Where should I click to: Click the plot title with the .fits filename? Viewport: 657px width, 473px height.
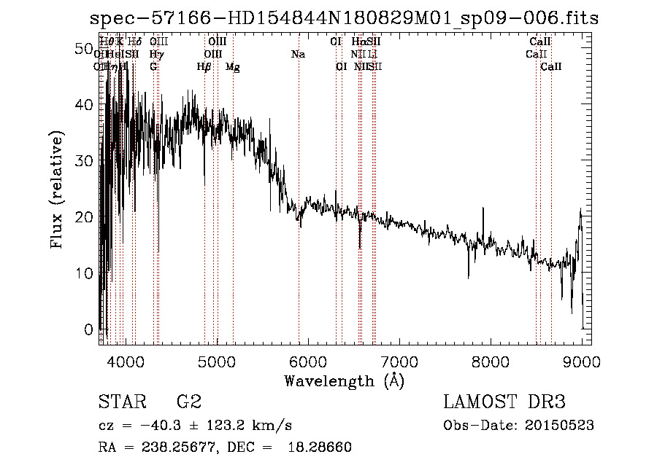click(x=344, y=18)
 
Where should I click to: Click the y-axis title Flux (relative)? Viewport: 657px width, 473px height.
click(x=57, y=189)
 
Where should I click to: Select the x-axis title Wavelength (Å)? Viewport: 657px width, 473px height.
click(x=344, y=380)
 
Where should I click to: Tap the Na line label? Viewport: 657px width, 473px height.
click(x=297, y=55)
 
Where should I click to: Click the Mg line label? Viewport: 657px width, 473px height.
click(x=233, y=67)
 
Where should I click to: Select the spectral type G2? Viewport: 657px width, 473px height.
click(x=188, y=402)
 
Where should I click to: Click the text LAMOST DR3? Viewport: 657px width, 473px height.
click(x=504, y=402)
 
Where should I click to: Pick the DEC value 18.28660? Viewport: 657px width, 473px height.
click(x=324, y=447)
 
